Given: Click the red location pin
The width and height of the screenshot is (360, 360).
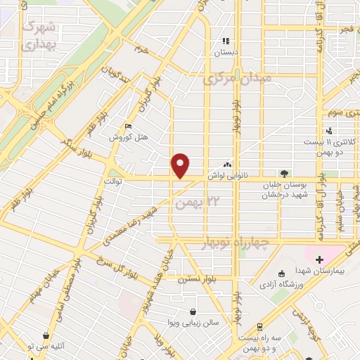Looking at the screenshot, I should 181,165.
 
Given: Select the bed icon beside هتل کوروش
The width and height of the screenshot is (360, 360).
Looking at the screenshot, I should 127,127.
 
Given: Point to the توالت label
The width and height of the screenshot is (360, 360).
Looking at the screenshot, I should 114,181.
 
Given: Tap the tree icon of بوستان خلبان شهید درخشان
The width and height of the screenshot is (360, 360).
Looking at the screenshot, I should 284,173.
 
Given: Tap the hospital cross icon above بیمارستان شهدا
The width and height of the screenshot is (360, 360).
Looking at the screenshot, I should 319,260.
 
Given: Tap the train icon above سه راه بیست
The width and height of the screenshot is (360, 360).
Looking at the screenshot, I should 259,326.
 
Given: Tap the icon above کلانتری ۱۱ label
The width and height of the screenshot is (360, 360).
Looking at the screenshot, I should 329,130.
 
